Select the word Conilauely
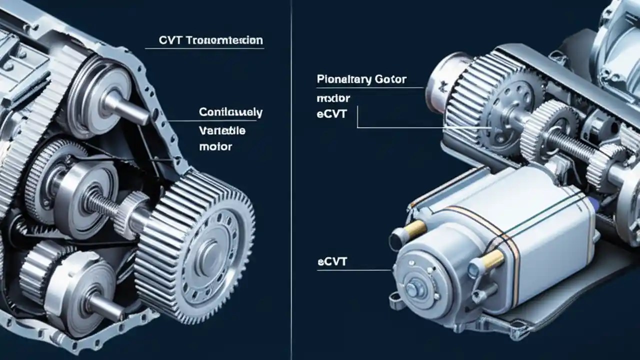tap(230, 112)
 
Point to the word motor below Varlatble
tap(215, 147)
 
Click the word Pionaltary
tap(343, 79)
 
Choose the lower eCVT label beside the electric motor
tap(332, 261)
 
